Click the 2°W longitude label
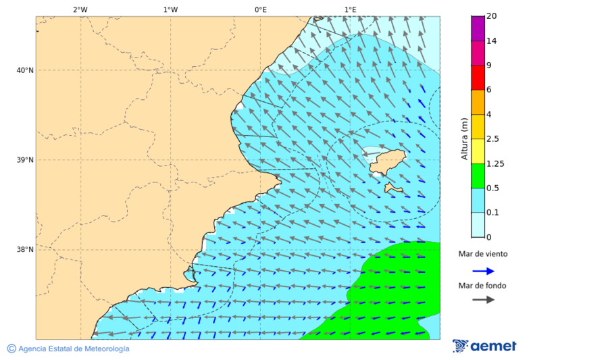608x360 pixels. click(x=80, y=9)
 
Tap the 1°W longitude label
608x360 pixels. click(x=170, y=9)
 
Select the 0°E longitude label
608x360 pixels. click(x=260, y=9)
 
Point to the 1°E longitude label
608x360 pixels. click(x=350, y=9)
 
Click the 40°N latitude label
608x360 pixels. click(x=25, y=70)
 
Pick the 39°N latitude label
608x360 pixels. click(x=25, y=160)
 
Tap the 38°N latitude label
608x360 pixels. click(x=25, y=249)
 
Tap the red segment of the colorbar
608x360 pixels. click(x=478, y=78)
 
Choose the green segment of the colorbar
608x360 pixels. click(x=478, y=176)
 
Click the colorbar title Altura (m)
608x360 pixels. click(x=464, y=138)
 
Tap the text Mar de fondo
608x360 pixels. click(x=482, y=286)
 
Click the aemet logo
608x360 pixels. click(x=484, y=346)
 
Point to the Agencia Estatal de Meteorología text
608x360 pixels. click(x=73, y=349)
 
